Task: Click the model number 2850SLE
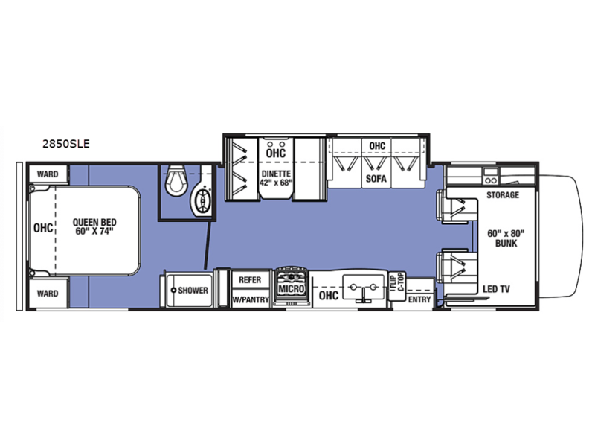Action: [66, 144]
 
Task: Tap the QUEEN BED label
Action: [94, 222]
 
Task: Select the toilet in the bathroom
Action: [176, 181]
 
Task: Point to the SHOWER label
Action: [193, 291]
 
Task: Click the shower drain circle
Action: [173, 291]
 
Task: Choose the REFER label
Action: [250, 280]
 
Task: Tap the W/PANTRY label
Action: [251, 299]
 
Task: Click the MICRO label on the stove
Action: [291, 288]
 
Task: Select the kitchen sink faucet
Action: [364, 294]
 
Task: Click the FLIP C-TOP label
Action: [398, 282]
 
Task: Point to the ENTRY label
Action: [419, 299]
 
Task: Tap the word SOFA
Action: [376, 178]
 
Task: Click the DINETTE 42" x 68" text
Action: [276, 178]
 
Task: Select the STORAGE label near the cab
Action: [503, 195]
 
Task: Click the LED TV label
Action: [496, 289]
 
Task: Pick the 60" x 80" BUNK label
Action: [506, 238]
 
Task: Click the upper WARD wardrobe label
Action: [48, 174]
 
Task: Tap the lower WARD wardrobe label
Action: [48, 294]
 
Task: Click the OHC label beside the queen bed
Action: [43, 228]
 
